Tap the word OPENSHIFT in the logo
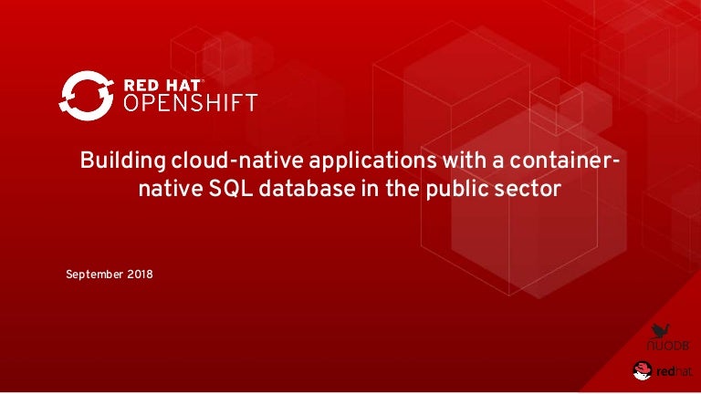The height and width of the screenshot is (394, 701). point(190,103)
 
